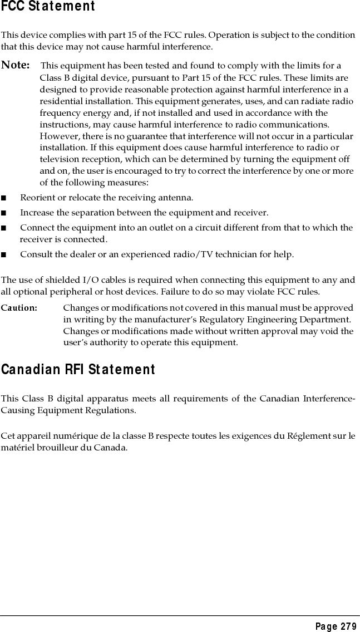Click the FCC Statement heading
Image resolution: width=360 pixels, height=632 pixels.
coord(48,7)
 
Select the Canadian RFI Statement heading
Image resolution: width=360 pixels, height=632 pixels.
coord(78,369)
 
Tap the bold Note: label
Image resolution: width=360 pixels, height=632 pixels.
coord(16,65)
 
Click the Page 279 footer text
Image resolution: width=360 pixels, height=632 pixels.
coord(336,626)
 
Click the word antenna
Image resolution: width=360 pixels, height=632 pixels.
coord(177,198)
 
